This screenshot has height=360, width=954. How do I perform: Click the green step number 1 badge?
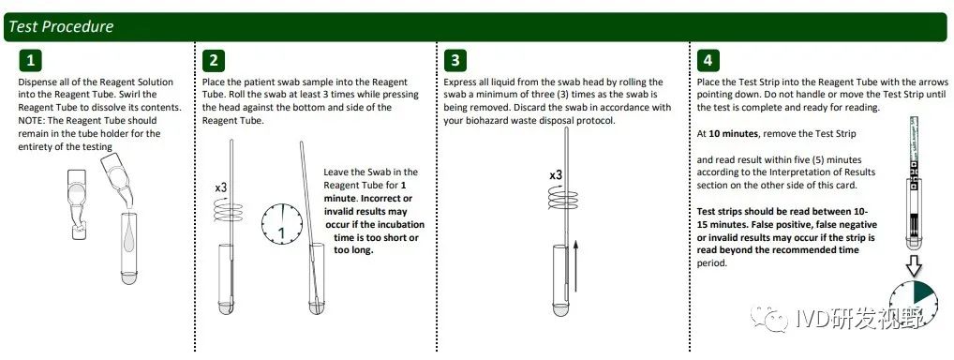tap(30, 60)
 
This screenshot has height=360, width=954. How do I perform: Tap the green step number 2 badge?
tap(213, 60)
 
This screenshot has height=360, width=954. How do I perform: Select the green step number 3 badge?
tap(455, 60)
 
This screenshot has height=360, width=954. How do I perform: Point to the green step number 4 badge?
tap(708, 60)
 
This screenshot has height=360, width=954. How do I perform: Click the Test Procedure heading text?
tap(61, 27)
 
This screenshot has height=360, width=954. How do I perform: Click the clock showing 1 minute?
tap(282, 225)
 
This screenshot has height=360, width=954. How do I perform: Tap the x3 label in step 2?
tap(221, 187)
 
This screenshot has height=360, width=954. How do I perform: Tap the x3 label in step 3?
tap(556, 175)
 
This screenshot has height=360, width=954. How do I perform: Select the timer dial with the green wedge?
tap(914, 304)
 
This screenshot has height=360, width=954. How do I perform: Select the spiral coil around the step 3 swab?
tap(563, 198)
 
